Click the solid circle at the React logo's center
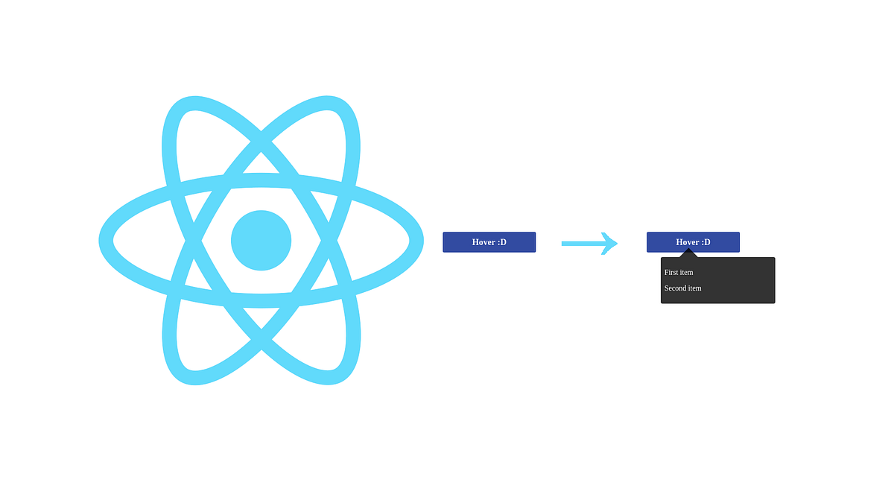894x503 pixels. pyautogui.click(x=261, y=241)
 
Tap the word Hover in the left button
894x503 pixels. pyautogui.click(x=484, y=242)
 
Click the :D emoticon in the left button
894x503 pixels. pyautogui.click(x=502, y=242)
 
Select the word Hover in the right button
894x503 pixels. pyautogui.click(x=688, y=242)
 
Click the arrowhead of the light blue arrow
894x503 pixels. pyautogui.click(x=610, y=243)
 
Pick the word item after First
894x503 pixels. pyautogui.click(x=686, y=273)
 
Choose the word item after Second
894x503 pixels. pyautogui.click(x=694, y=288)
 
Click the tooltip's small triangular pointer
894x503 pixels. pyautogui.click(x=688, y=253)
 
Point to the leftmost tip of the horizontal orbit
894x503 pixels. pyautogui.click(x=106, y=241)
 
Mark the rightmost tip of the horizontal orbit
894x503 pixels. pyautogui.click(x=416, y=241)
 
